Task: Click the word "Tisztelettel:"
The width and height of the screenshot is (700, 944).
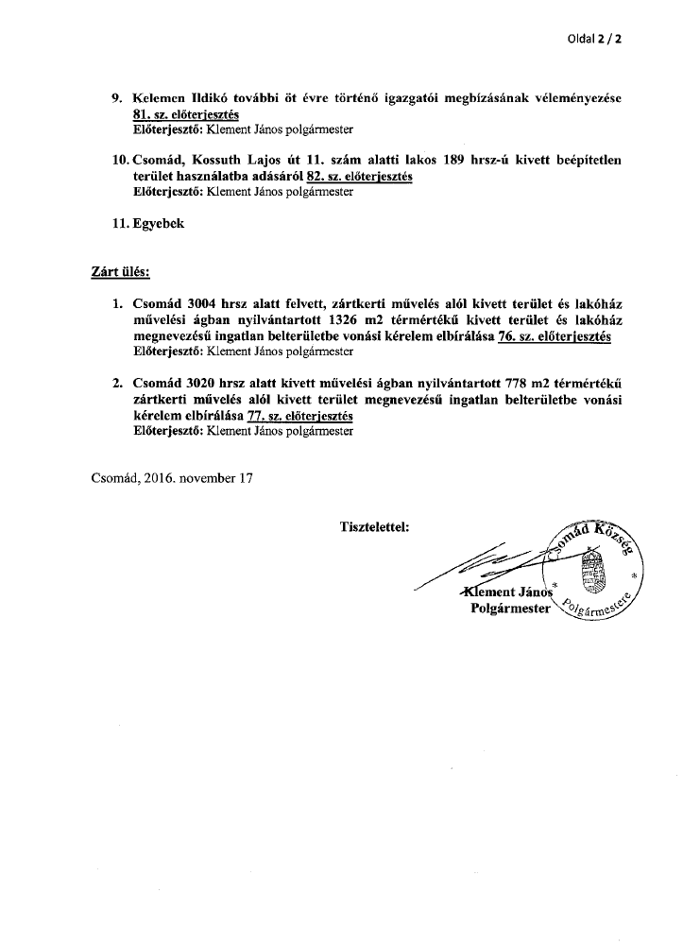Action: click(x=373, y=526)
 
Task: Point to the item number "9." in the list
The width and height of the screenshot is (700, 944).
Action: click(x=118, y=99)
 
